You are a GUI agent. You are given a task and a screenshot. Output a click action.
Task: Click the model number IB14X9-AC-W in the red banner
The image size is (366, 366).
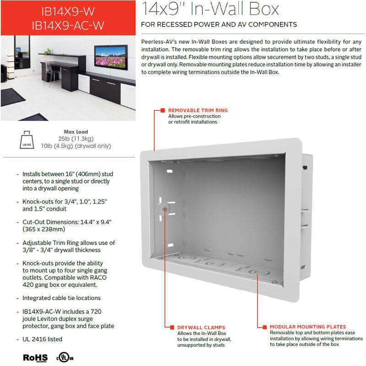68,26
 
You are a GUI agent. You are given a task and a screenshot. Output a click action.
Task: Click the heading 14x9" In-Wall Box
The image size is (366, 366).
210,9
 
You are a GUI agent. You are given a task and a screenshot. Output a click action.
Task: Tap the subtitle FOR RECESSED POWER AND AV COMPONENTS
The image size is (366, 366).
219,24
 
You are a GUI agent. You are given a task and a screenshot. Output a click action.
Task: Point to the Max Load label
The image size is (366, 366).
76,132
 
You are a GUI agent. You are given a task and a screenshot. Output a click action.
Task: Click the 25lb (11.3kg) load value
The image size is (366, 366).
76,139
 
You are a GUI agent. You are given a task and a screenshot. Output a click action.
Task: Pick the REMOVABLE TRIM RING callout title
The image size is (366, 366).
198,110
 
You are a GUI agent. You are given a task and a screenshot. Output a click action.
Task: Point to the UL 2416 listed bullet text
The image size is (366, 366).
42,339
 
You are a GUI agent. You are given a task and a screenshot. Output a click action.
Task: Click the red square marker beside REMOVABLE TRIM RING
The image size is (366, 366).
162,110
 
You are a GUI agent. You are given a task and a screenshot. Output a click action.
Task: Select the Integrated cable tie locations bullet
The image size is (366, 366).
61,298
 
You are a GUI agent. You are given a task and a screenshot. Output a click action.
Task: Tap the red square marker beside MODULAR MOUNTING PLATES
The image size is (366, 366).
264,327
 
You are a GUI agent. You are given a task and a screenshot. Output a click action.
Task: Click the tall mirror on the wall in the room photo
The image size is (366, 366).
22,52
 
